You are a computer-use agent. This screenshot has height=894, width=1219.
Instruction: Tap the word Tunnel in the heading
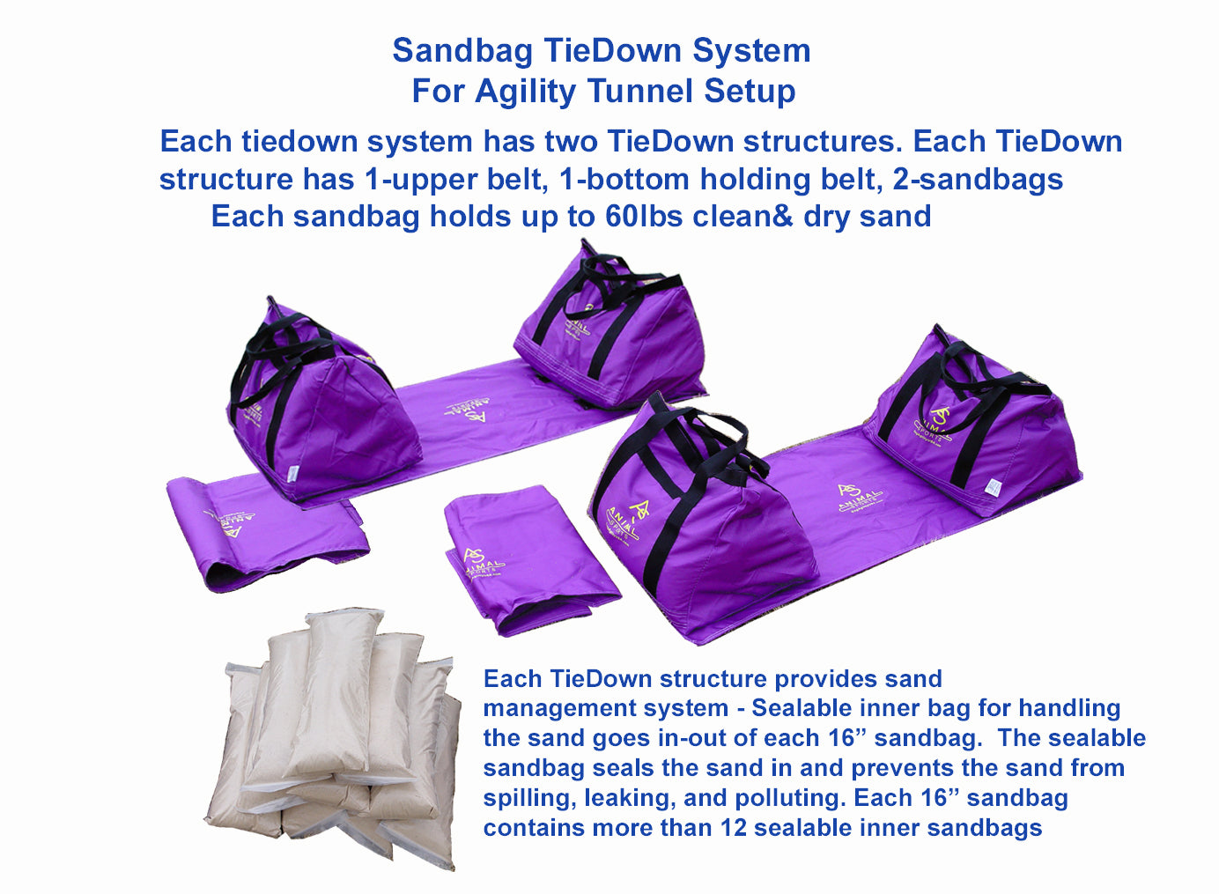click(641, 91)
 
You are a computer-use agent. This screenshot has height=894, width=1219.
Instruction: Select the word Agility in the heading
click(525, 92)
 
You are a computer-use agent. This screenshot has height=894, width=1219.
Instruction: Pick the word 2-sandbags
click(978, 180)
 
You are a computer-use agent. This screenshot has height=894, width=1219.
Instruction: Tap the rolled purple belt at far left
click(268, 532)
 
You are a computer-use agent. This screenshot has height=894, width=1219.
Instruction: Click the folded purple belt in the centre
click(530, 559)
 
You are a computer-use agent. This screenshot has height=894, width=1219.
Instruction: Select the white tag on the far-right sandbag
click(994, 486)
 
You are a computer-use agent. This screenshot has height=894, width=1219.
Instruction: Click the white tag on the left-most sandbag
click(292, 472)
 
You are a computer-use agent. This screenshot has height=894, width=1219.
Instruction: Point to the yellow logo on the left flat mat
click(467, 408)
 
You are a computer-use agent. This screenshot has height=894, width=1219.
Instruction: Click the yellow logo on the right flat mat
click(860, 498)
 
